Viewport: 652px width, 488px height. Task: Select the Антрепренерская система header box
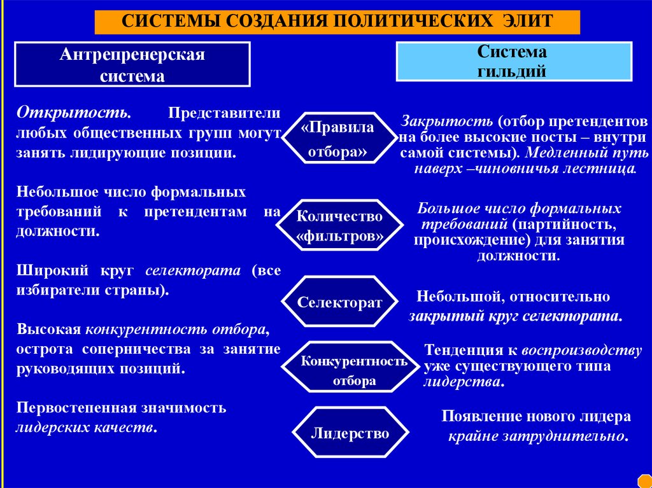pos(132,65)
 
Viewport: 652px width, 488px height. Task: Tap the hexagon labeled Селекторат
pos(339,302)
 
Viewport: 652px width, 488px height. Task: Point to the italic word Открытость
pos(74,112)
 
